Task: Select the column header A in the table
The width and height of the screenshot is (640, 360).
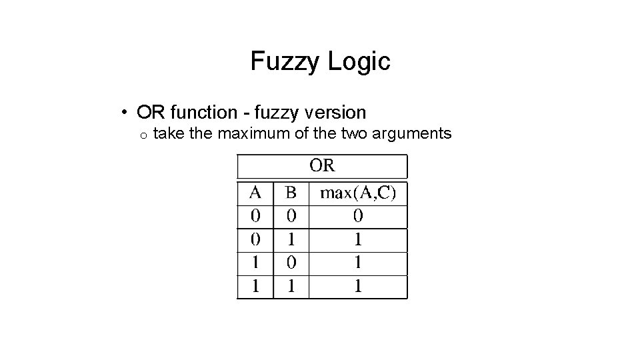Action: (255, 193)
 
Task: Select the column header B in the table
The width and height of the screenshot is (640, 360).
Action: (291, 193)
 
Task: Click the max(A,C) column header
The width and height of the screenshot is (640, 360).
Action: (358, 193)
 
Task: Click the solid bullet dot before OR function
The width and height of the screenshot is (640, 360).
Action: (125, 112)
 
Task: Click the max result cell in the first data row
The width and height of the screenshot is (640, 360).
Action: (358, 217)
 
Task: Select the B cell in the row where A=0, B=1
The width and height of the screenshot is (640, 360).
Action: (291, 240)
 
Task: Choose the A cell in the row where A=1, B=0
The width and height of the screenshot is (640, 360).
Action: (255, 263)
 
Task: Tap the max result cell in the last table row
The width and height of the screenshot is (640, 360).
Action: (358, 287)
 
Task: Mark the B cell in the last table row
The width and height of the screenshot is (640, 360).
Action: (291, 287)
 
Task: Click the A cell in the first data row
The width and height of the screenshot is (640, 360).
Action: (255, 217)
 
